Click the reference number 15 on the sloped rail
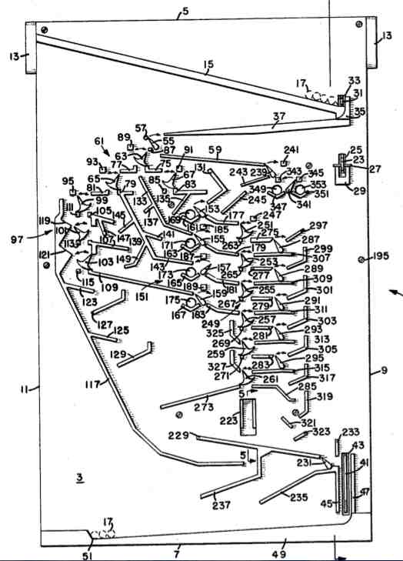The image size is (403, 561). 208,67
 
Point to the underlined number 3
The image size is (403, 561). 79,478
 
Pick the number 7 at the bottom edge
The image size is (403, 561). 176,553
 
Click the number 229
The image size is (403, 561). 178,436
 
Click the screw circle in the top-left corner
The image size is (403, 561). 45,29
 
